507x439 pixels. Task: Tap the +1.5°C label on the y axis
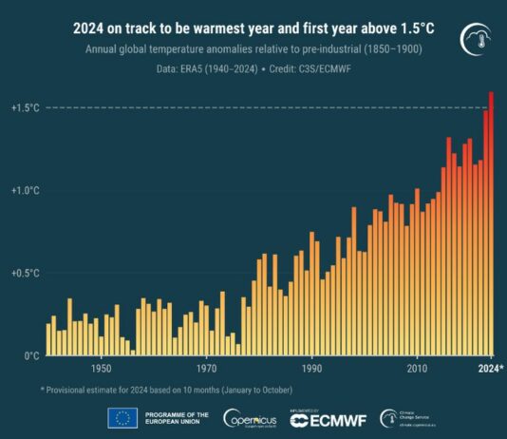click(x=26, y=108)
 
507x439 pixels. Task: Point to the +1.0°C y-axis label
click(x=26, y=191)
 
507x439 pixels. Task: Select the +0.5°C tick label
click(x=26, y=274)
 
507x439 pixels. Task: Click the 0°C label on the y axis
click(x=31, y=355)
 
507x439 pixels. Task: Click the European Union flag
click(x=122, y=418)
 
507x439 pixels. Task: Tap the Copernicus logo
click(x=251, y=418)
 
